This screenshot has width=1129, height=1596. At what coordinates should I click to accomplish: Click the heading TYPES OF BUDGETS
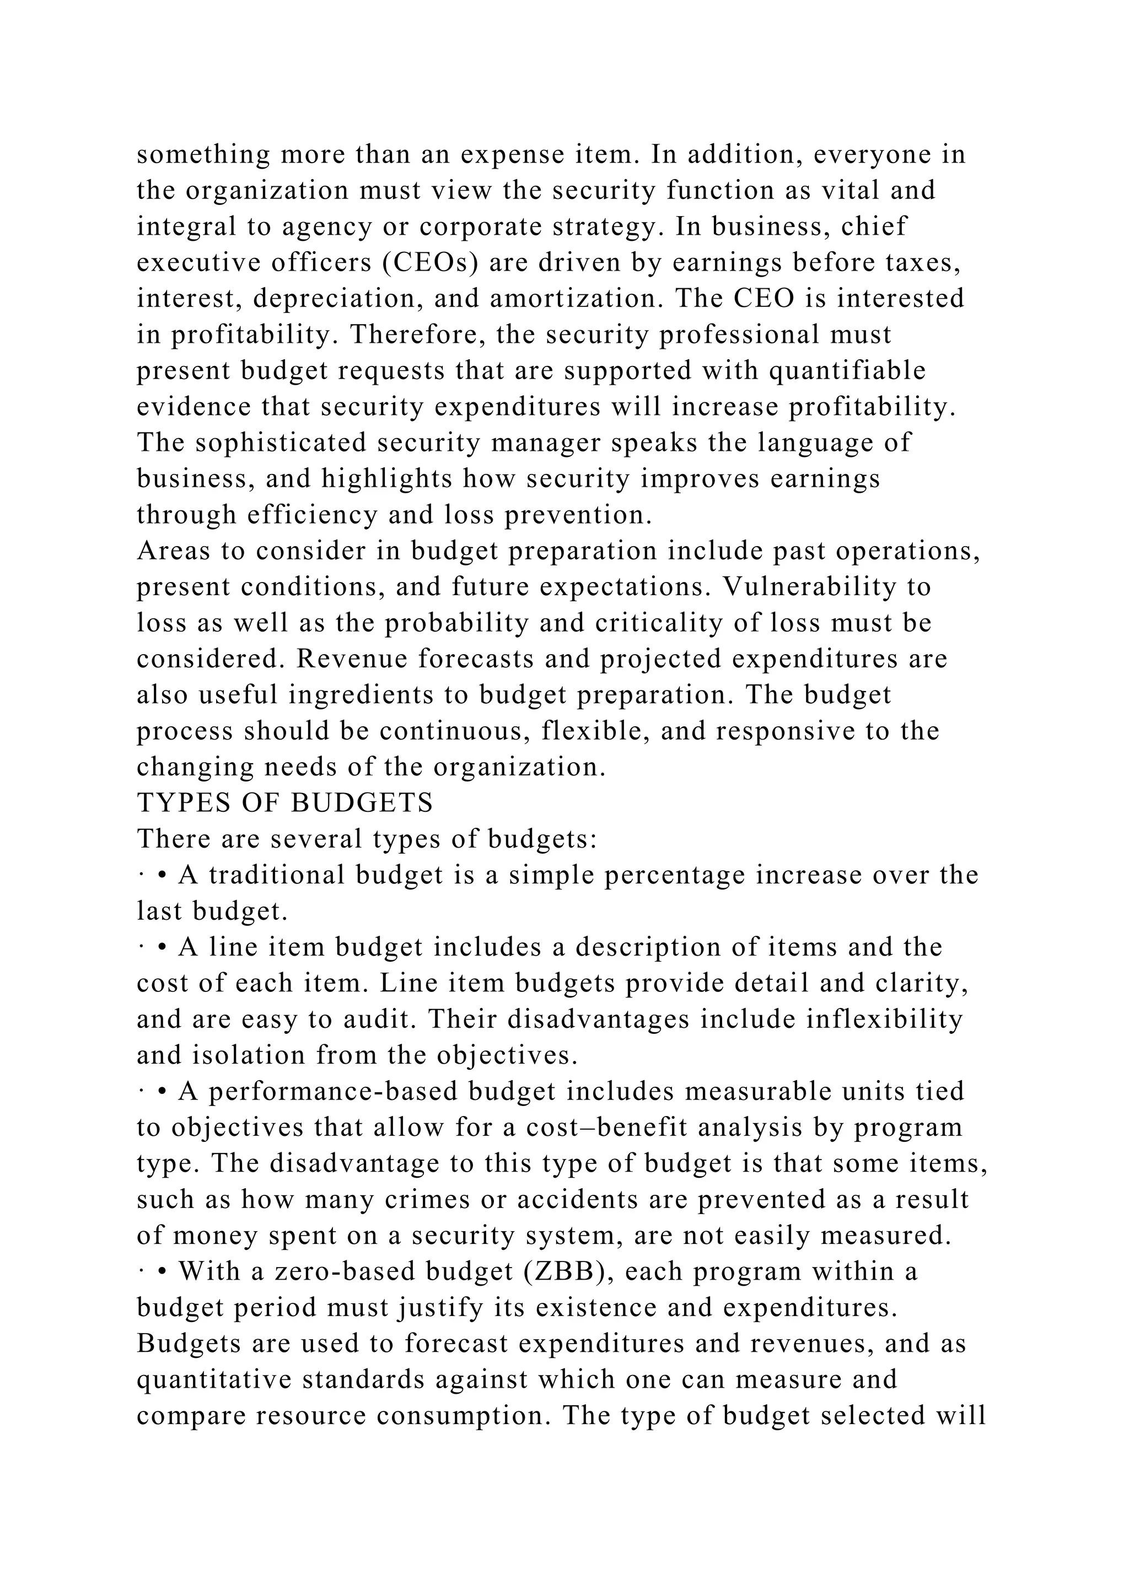(x=285, y=804)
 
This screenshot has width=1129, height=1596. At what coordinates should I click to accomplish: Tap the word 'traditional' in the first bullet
(x=277, y=875)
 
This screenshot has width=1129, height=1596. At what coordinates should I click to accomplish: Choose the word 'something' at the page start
(x=203, y=154)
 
